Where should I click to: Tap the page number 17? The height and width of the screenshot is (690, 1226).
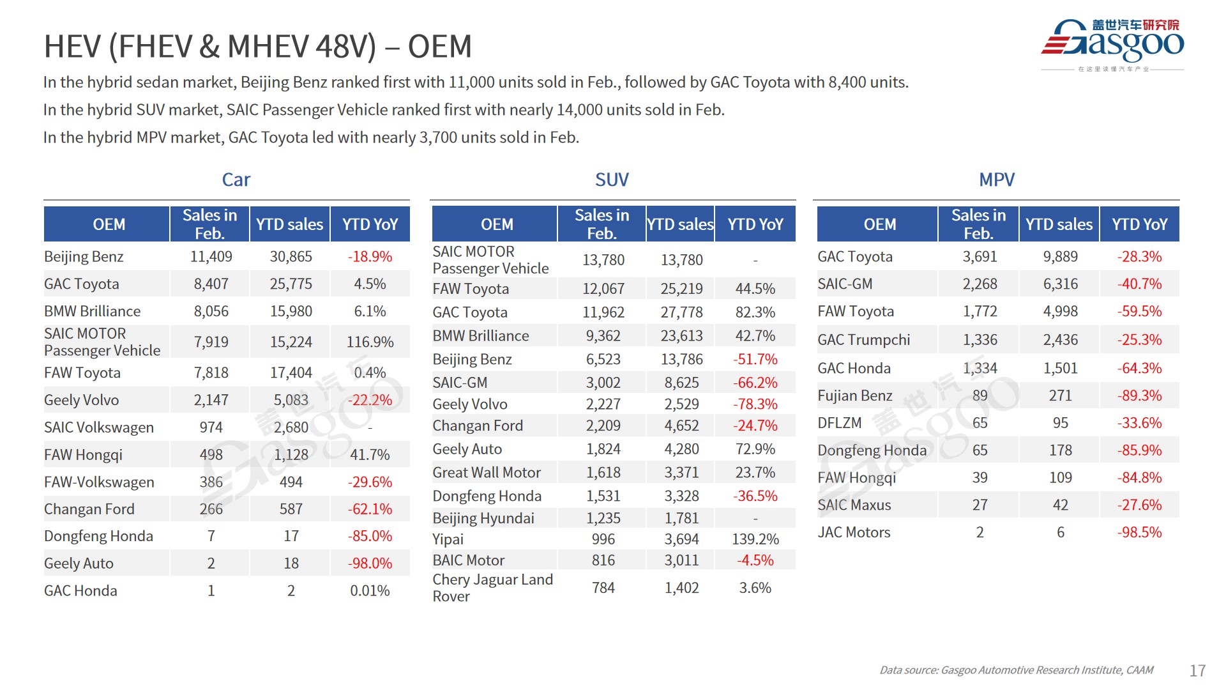pyautogui.click(x=1197, y=670)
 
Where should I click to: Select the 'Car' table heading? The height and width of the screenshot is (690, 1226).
pyautogui.click(x=236, y=180)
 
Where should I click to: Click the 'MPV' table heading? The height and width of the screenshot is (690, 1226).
pyautogui.click(x=996, y=180)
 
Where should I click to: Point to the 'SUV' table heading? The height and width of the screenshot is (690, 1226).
pyautogui.click(x=612, y=180)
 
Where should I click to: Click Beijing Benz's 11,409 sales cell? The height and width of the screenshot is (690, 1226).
pyautogui.click(x=211, y=257)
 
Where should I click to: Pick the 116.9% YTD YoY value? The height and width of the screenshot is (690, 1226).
pyautogui.click(x=370, y=342)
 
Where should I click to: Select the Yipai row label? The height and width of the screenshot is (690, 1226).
pyautogui.click(x=448, y=539)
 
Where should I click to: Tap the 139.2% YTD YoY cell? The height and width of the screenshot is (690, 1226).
pyautogui.click(x=755, y=539)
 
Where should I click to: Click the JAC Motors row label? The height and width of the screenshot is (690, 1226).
pyautogui.click(x=854, y=532)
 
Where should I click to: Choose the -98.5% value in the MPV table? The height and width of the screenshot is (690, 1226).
pyautogui.click(x=1139, y=532)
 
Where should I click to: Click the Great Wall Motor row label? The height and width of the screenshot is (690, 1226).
pyautogui.click(x=487, y=473)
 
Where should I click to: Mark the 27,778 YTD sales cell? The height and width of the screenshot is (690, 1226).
pyautogui.click(x=681, y=312)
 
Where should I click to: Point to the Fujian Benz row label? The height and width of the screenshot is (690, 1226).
pyautogui.click(x=855, y=395)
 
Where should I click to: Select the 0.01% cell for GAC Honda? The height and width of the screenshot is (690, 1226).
pyautogui.click(x=370, y=591)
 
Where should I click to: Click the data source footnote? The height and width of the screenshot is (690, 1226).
pyautogui.click(x=1016, y=670)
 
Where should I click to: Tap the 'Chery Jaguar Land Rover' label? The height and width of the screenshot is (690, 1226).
pyautogui.click(x=492, y=588)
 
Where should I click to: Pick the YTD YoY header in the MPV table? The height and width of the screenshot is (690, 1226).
pyautogui.click(x=1139, y=224)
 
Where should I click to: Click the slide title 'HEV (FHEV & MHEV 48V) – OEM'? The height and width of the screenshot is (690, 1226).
pyautogui.click(x=257, y=47)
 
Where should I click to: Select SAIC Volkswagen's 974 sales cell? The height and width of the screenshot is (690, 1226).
pyautogui.click(x=211, y=427)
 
